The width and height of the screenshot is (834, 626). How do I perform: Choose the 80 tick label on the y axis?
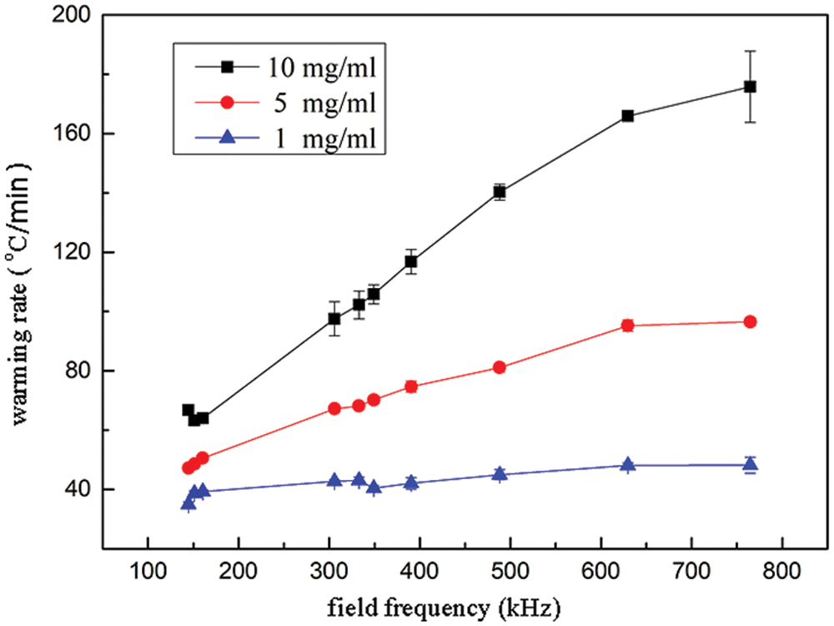point(76,371)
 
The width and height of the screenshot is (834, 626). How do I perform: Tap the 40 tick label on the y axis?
point(76,489)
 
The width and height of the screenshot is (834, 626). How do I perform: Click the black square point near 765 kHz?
point(750,87)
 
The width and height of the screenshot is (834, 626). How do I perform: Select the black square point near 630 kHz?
point(628,116)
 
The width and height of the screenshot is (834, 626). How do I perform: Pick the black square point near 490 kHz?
point(500,192)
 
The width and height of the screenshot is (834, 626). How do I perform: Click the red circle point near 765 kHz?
point(750,322)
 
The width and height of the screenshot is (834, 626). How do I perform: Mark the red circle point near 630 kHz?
point(628,326)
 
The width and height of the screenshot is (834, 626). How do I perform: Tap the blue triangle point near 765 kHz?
point(750,464)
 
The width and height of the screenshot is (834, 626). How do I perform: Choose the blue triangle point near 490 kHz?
point(500,474)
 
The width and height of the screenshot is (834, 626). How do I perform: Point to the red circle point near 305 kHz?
point(334,409)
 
